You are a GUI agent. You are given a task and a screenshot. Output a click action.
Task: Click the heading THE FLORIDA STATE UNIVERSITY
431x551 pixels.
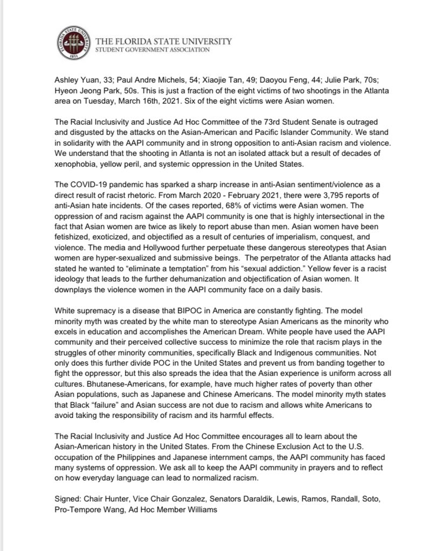[163, 42]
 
